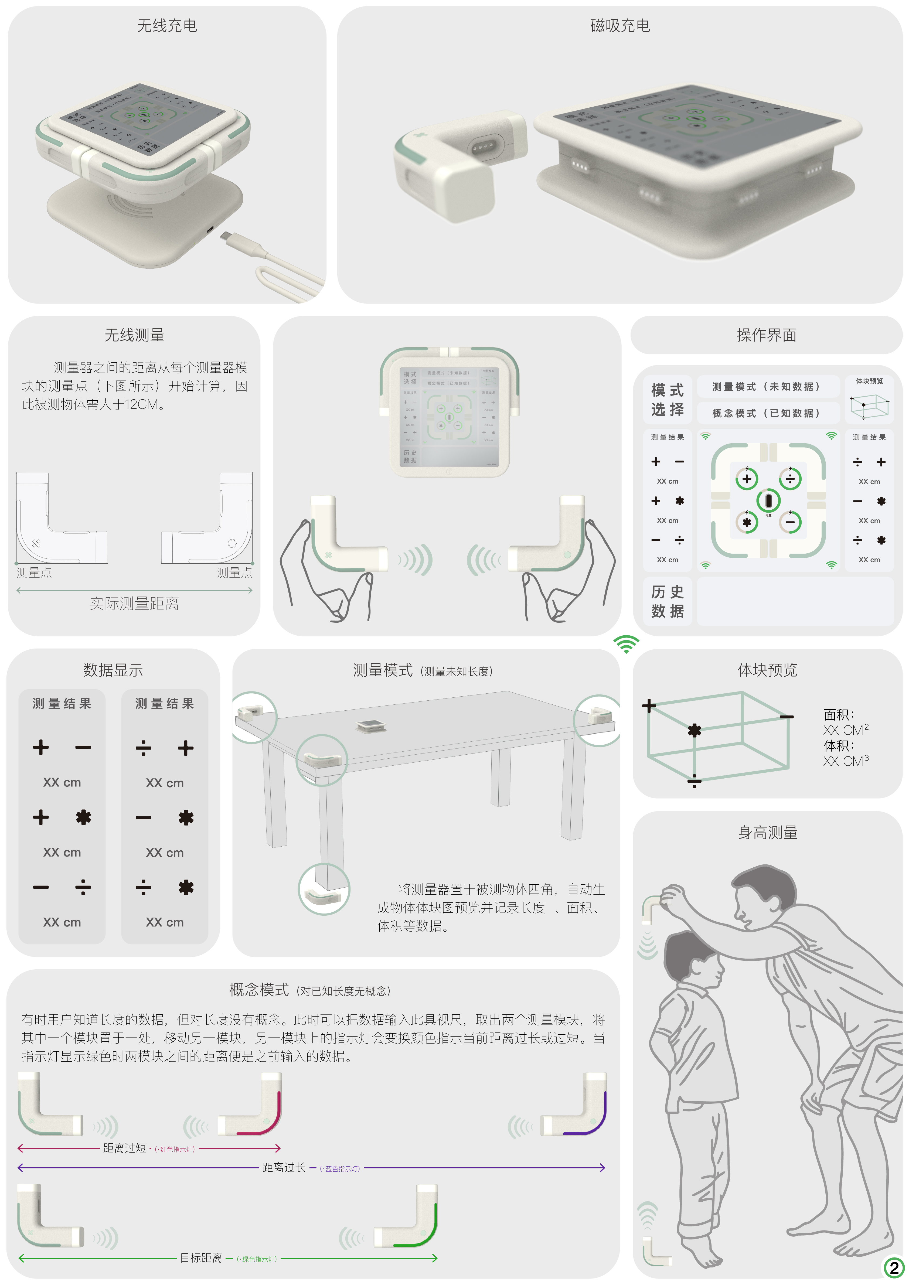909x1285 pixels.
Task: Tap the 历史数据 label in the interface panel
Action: click(667, 601)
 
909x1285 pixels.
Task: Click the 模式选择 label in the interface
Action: click(667, 400)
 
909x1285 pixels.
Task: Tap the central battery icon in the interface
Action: click(768, 500)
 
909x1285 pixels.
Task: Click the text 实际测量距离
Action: click(134, 603)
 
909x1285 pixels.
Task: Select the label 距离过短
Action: click(124, 1148)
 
